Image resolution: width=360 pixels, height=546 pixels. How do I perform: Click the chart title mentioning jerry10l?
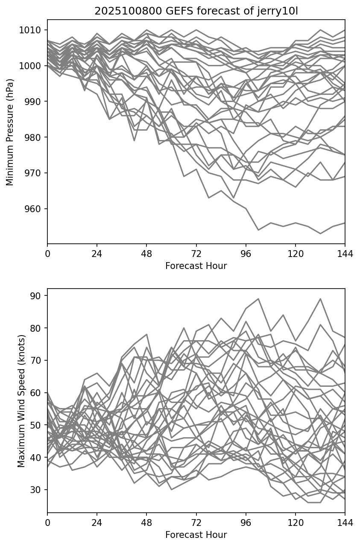pos(196,11)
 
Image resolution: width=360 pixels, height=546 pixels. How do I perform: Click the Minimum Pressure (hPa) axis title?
pos(10,132)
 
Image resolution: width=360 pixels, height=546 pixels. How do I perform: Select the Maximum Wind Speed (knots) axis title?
pos(21,400)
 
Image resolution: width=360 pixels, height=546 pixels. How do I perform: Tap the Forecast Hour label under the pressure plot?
pos(196,266)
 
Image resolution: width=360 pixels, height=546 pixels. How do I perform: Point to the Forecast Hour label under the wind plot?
pos(196,535)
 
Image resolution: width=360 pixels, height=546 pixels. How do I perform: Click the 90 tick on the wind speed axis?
pos(38,295)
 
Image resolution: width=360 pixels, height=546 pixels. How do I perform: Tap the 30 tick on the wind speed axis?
pos(38,490)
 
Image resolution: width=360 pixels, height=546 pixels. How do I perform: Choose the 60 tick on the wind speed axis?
pos(38,393)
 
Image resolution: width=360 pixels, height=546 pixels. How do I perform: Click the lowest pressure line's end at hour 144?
pos(344,223)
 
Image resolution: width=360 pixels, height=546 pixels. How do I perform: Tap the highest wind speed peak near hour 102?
pos(258,299)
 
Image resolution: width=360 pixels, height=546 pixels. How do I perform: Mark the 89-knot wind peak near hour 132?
pos(320,299)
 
